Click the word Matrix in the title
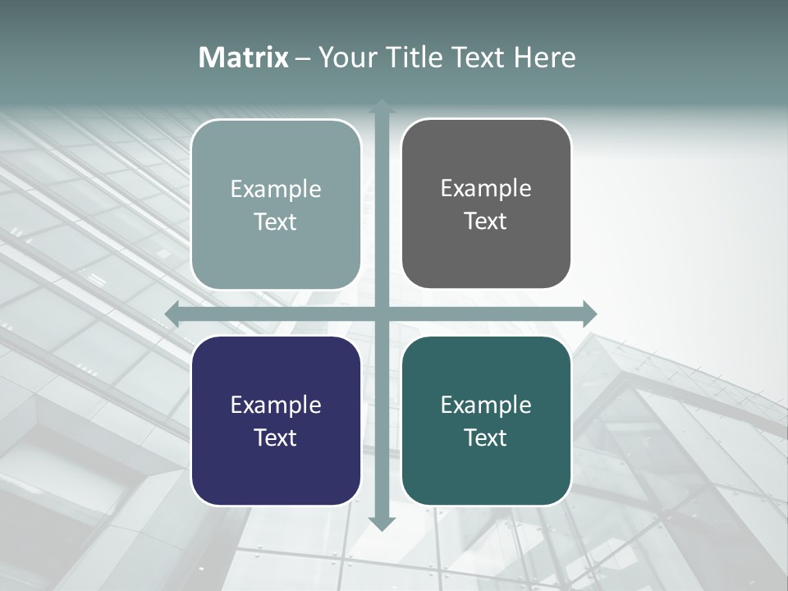(244, 57)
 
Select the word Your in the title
(346, 57)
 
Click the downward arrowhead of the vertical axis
(382, 523)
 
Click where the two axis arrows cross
(382, 314)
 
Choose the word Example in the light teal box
(276, 190)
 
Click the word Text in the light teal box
(276, 222)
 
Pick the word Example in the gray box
(486, 189)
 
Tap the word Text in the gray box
(486, 221)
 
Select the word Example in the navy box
(276, 405)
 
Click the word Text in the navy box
(276, 438)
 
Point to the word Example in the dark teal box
(486, 405)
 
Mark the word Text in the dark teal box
(486, 438)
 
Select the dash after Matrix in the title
(303, 58)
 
